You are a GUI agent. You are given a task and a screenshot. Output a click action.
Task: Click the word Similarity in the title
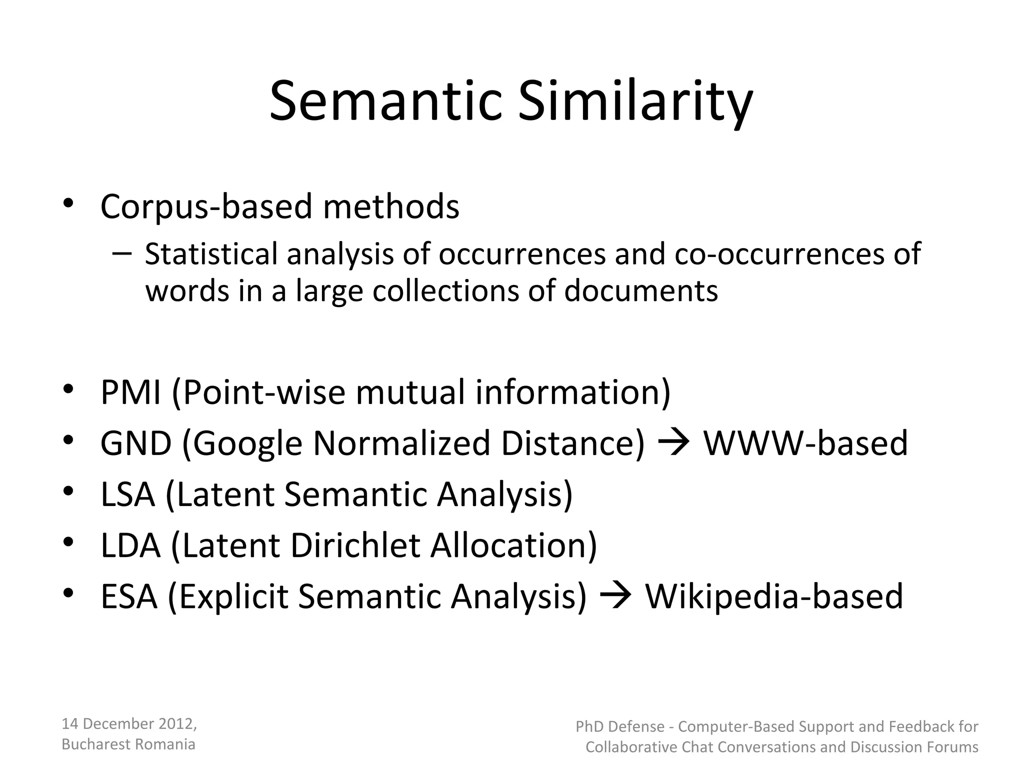coord(635,102)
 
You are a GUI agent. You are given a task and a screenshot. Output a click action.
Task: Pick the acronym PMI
coord(130,392)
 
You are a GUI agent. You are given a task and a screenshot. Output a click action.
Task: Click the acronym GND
coord(136,443)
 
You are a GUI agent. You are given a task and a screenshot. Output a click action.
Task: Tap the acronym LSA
coord(127,494)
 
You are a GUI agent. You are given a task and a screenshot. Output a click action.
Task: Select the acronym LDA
coord(130,545)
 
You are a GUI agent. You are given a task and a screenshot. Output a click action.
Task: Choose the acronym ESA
coord(129,596)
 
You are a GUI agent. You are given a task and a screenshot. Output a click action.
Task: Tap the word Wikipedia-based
coord(774,596)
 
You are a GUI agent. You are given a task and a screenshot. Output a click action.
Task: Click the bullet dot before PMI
coord(68,389)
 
